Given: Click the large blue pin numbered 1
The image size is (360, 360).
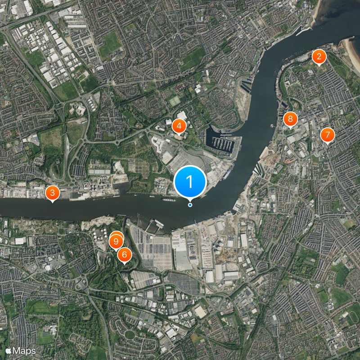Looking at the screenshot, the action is [189, 182].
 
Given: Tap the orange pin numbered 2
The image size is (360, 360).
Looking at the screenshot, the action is [319, 57].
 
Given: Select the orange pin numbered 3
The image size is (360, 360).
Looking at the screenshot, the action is [53, 193].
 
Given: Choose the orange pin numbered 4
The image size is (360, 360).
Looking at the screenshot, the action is [179, 126].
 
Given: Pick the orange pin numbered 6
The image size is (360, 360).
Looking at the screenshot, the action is [124, 255].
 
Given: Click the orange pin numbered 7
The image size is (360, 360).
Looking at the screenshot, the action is [327, 135].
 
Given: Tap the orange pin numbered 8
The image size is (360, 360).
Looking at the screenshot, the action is [290, 119].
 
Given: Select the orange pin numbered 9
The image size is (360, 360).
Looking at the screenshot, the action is [116, 242].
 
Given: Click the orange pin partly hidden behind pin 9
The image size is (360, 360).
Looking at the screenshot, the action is [118, 235].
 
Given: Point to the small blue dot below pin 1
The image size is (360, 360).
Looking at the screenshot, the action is [190, 205].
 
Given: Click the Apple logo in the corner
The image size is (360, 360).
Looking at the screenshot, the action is [8, 351].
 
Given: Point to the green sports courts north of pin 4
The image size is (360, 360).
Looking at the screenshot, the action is [175, 101].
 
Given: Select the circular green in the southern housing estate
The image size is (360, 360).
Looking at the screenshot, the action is [130, 334].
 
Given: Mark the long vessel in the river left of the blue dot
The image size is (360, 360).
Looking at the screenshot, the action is [168, 199].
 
